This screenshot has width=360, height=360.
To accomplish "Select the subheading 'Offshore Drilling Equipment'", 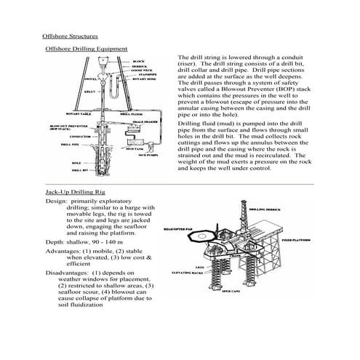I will [87, 48].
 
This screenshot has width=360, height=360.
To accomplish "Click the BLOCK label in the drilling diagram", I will [138, 62].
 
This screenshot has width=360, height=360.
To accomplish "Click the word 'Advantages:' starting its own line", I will [65, 250].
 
